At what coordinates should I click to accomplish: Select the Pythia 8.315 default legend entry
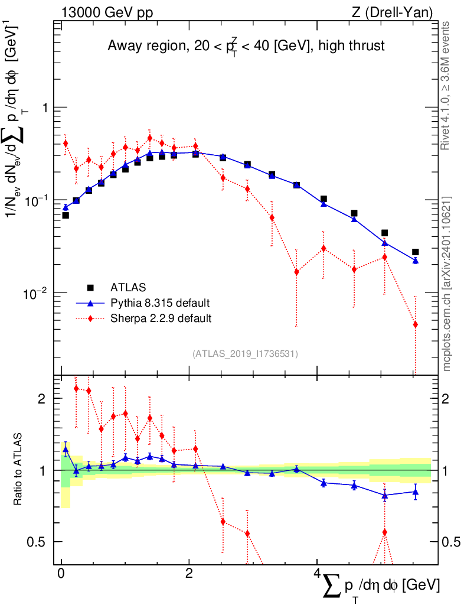pyautogui.click(x=159, y=303)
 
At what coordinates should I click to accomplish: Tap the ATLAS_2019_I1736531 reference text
pyautogui.click(x=245, y=354)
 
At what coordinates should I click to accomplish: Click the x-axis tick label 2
pyautogui.click(x=189, y=574)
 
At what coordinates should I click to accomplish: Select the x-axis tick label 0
pyautogui.click(x=61, y=574)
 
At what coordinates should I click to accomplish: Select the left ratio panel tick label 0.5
pyautogui.click(x=38, y=542)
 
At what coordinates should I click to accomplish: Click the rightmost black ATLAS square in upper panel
pyautogui.click(x=416, y=252)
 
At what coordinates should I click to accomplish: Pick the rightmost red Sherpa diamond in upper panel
pyautogui.click(x=416, y=324)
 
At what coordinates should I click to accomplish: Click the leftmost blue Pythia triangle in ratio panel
pyautogui.click(x=66, y=450)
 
